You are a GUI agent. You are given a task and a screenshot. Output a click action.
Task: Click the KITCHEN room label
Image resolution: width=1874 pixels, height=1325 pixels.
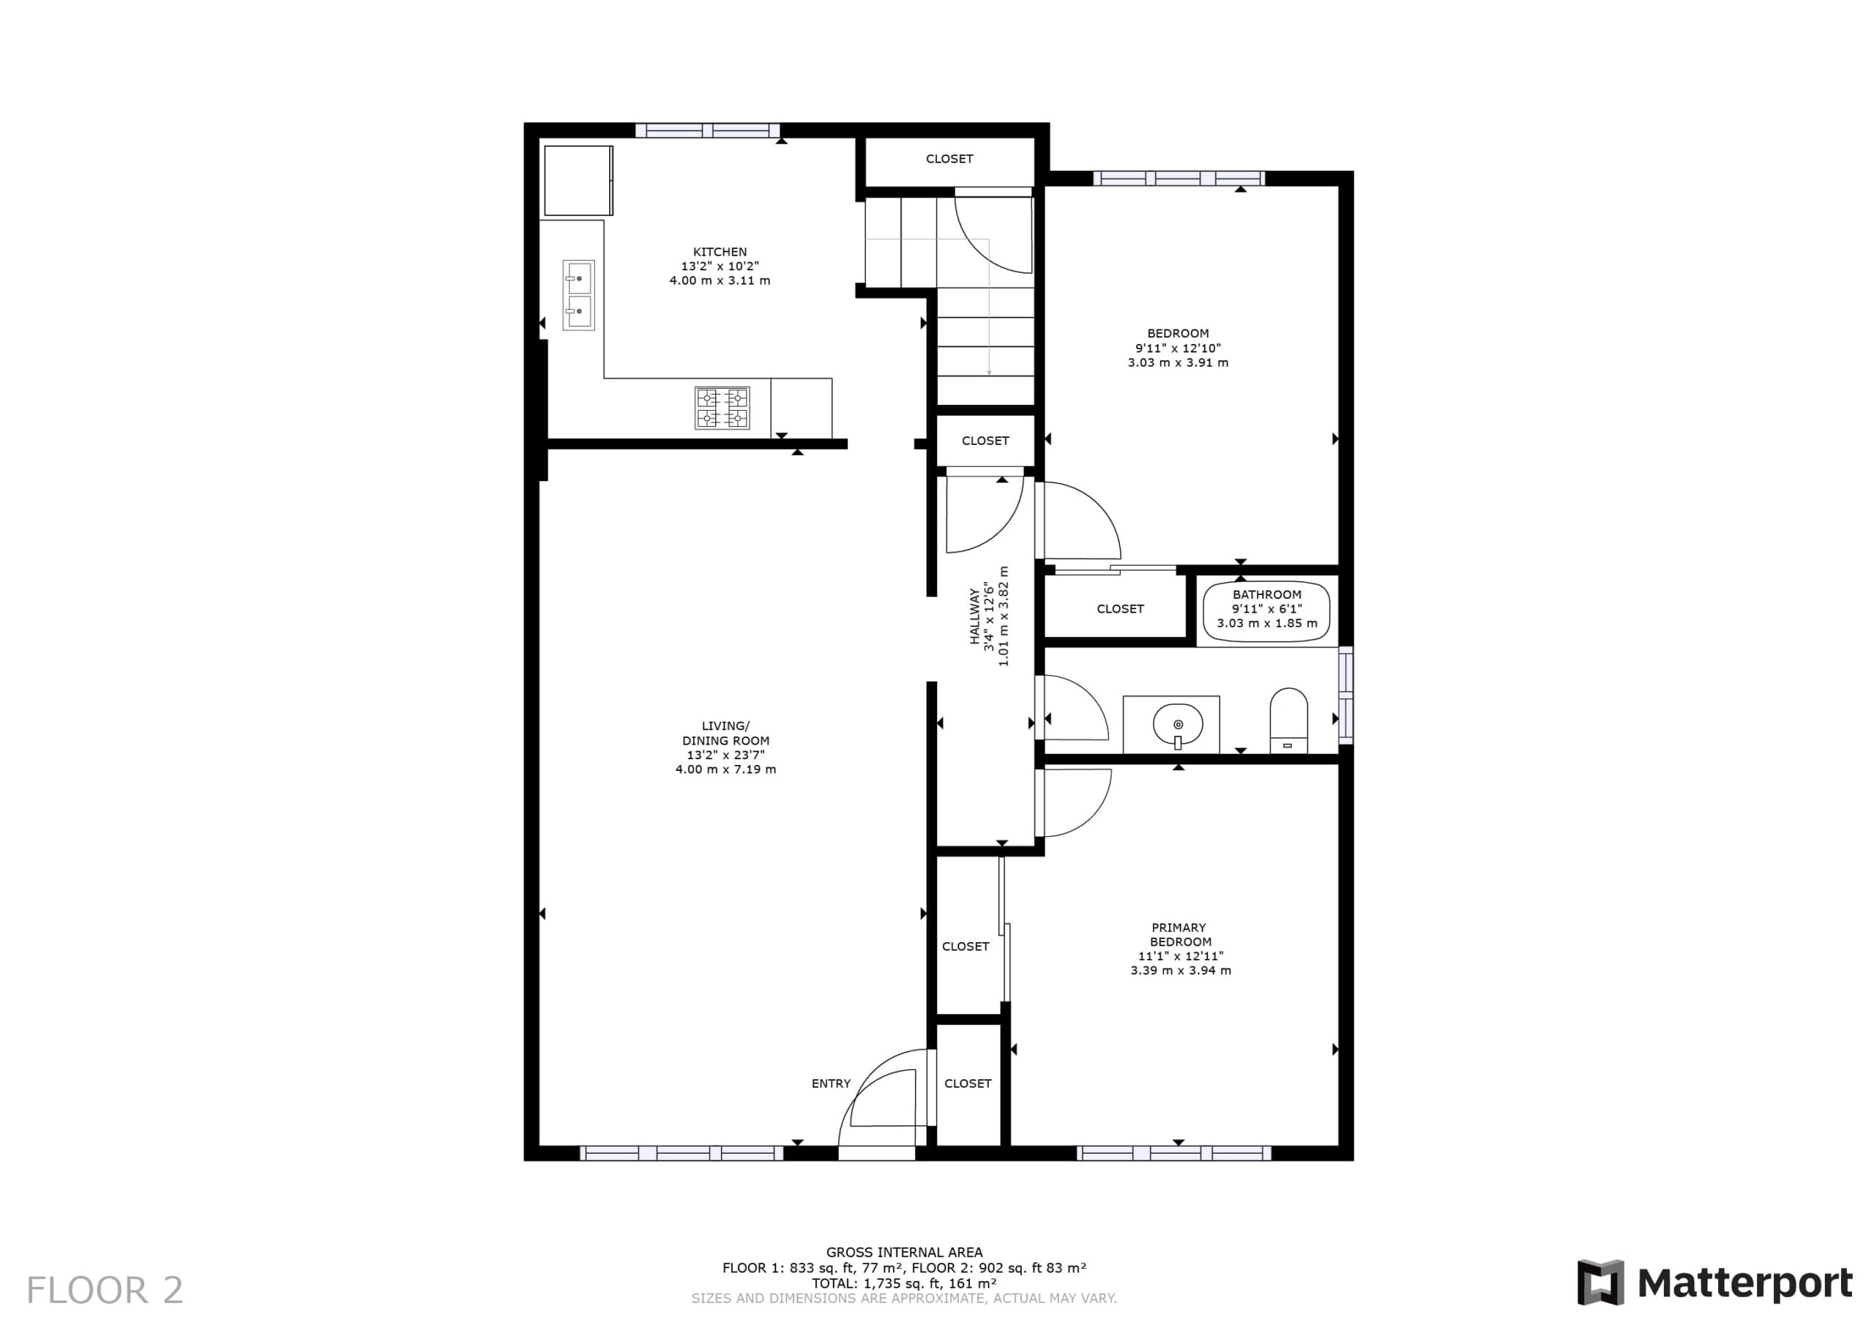pyautogui.click(x=720, y=253)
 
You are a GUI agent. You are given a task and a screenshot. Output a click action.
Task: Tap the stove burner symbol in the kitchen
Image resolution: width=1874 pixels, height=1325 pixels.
pyautogui.click(x=723, y=408)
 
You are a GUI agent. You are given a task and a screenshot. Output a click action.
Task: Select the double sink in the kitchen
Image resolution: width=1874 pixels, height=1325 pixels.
pyautogui.click(x=579, y=295)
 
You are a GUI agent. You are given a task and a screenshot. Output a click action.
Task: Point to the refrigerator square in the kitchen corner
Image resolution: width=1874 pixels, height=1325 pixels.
pyautogui.click(x=579, y=180)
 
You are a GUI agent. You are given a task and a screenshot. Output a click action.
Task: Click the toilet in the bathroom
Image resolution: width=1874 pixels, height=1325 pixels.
pyautogui.click(x=1289, y=720)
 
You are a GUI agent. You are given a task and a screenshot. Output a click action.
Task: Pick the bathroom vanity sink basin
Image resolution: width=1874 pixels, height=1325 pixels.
pyautogui.click(x=1178, y=724)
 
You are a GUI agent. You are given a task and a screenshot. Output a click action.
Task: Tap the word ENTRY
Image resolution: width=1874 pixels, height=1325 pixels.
pyautogui.click(x=831, y=1083)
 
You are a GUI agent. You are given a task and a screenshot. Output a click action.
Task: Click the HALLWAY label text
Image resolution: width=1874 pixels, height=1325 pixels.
pyautogui.click(x=974, y=616)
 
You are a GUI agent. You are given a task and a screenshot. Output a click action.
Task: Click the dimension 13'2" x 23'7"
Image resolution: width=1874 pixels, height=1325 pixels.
pyautogui.click(x=725, y=755)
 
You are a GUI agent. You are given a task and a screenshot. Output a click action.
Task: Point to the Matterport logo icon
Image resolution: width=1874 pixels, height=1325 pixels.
pyautogui.click(x=1599, y=1283)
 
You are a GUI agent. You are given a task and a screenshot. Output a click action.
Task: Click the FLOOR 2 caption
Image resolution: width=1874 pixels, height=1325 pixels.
pyautogui.click(x=105, y=1291)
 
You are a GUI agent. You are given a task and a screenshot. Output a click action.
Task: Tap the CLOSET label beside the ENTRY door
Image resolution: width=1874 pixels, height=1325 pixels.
pyautogui.click(x=968, y=1083)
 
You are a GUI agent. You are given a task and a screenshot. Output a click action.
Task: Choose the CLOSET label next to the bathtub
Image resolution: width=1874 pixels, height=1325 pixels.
pyautogui.click(x=1121, y=609)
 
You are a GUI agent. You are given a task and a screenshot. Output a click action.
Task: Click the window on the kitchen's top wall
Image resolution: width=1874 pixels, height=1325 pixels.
pyautogui.click(x=708, y=130)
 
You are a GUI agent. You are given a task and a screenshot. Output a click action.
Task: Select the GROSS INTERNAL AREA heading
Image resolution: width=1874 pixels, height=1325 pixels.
pyautogui.click(x=904, y=1253)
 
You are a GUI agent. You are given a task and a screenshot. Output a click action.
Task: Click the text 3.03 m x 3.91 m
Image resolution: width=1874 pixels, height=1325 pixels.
pyautogui.click(x=1178, y=362)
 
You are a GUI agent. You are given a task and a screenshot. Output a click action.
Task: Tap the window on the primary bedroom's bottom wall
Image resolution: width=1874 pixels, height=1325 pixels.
pyautogui.click(x=1174, y=1154)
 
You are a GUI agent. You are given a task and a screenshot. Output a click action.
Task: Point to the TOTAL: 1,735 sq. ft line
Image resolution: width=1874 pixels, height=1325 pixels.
pyautogui.click(x=904, y=1283)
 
